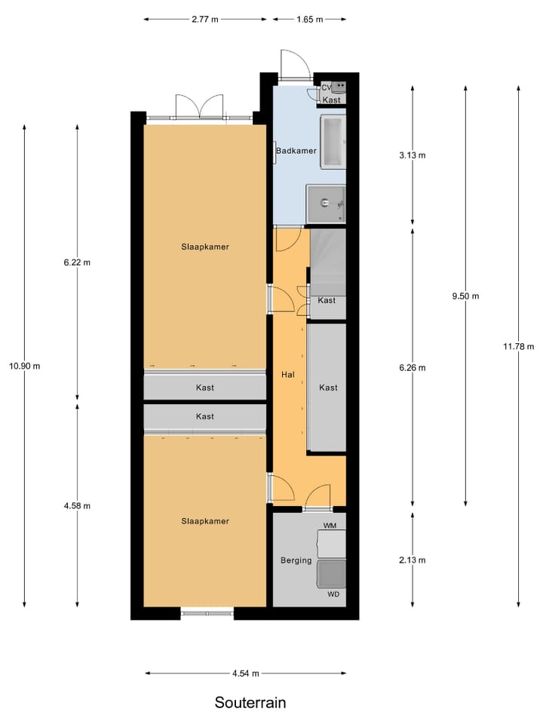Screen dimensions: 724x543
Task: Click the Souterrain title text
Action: (250, 702)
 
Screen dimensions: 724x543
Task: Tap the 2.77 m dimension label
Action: (204, 20)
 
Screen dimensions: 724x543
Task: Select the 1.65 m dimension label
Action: (309, 20)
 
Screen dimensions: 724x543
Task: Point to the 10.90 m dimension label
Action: (25, 366)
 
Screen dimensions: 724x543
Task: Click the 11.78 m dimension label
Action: (518, 346)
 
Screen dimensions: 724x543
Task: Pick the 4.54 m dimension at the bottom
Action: (246, 673)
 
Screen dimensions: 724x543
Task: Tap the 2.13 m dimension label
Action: (413, 560)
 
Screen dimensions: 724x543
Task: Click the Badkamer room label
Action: (296, 151)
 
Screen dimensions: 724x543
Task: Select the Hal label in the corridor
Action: (287, 374)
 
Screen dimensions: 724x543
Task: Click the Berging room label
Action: (296, 560)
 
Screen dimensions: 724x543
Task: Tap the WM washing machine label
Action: (330, 525)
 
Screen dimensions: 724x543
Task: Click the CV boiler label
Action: (326, 88)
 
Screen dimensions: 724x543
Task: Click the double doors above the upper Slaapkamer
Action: (199, 107)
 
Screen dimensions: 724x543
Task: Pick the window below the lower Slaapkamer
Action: (207, 613)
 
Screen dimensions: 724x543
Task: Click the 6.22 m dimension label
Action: (77, 262)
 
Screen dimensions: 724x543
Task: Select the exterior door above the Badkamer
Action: (294, 66)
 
